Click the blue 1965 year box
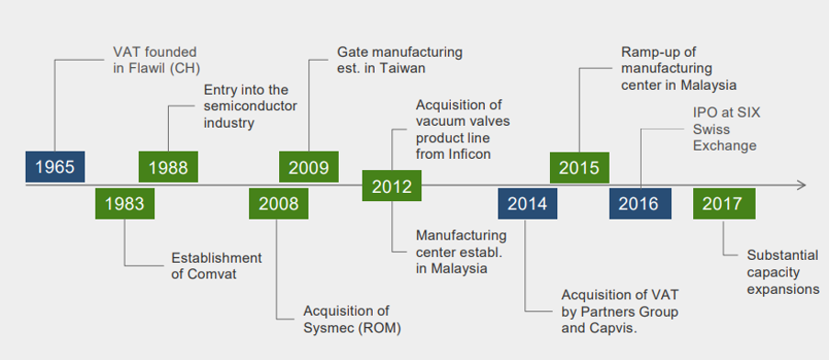coord(54,167)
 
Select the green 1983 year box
coord(125,204)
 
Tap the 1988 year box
coord(168,167)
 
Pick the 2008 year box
coord(278,204)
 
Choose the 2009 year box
coord(308,167)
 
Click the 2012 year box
coord(392,186)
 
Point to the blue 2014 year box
coord(528,204)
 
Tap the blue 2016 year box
coord(639,204)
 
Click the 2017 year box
coord(723,204)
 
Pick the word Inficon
coord(465,154)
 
